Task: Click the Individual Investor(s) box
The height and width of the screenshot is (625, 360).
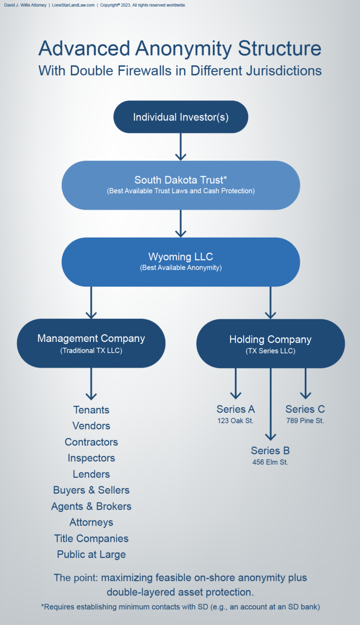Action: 180,117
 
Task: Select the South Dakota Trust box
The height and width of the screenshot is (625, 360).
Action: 180,185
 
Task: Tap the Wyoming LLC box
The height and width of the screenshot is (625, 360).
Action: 180,262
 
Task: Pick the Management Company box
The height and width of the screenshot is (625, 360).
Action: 91,343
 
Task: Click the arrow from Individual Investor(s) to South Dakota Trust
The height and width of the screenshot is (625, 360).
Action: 180,146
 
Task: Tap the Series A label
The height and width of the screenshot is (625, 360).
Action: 235,409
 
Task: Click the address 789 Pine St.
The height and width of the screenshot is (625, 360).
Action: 305,421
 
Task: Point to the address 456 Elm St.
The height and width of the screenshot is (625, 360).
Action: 270,462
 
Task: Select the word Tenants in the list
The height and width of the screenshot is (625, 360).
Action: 91,410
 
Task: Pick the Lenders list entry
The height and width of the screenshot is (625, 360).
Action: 91,474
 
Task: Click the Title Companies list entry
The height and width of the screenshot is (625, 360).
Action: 91,538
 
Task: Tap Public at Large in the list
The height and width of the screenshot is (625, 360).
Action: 91,554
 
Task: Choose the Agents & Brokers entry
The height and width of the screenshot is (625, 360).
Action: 91,506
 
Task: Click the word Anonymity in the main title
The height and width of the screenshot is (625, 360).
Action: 180,49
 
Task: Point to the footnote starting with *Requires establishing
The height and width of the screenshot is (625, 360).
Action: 180,607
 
